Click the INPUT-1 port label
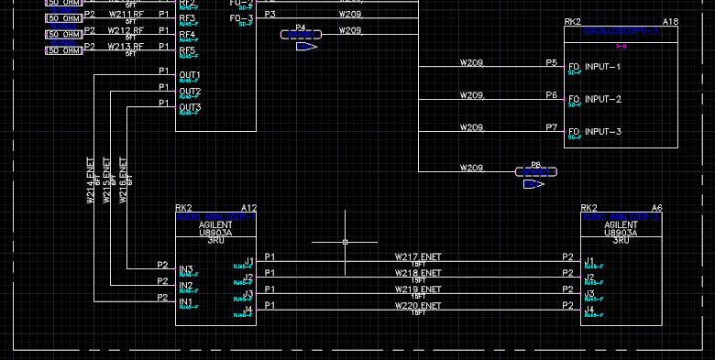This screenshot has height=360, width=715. tap(602, 67)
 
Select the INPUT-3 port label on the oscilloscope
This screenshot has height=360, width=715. tap(602, 132)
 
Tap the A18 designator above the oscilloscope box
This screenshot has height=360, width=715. tap(670, 21)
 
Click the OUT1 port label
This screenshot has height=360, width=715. tap(190, 75)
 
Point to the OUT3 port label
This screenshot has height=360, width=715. tap(190, 108)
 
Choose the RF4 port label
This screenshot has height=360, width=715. tap(187, 35)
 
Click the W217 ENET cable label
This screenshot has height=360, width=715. tap(418, 257)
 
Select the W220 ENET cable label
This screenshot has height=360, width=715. tap(418, 305)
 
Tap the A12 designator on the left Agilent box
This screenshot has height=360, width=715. tap(248, 208)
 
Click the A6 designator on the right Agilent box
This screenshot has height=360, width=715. tap(656, 208)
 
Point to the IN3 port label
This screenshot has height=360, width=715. tap(186, 269)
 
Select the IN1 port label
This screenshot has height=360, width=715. tap(186, 302)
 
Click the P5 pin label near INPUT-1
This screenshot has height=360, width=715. tap(551, 63)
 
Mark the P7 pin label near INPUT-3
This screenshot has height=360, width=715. tap(551, 127)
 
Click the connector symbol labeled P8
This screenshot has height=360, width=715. tap(536, 171)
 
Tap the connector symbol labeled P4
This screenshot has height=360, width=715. tap(301, 34)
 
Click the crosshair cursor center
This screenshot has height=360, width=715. tap(345, 242)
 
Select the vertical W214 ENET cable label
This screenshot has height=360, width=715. tap(91, 180)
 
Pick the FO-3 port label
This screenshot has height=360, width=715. tap(241, 18)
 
